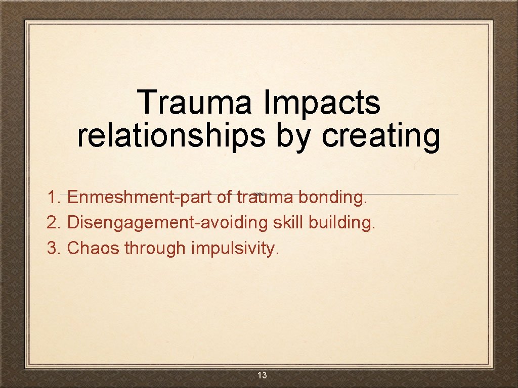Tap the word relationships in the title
click(x=171, y=135)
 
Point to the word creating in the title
click(x=380, y=135)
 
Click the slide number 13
click(x=262, y=375)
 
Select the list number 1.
click(x=53, y=197)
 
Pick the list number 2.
click(x=53, y=222)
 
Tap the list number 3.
click(x=53, y=248)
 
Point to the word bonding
click(x=332, y=197)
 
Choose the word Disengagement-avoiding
click(x=167, y=222)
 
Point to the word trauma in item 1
click(x=264, y=197)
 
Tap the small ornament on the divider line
click(x=258, y=194)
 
